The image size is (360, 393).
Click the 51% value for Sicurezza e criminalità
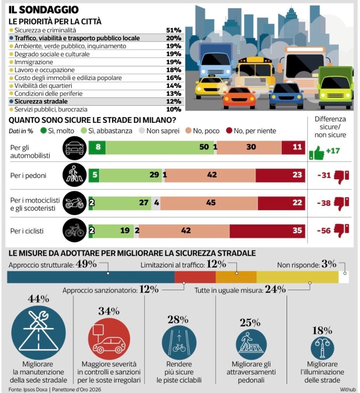click(x=173, y=30)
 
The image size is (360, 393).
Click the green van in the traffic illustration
click(x=335, y=87)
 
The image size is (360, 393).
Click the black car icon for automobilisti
click(x=74, y=148)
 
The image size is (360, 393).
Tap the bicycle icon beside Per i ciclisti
click(x=74, y=231)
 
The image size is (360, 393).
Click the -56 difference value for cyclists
click(x=324, y=231)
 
